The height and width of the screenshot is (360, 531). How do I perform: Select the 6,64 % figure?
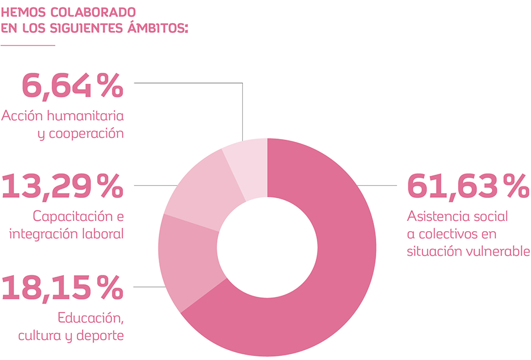[72, 85]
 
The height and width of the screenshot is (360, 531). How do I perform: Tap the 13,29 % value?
[62, 186]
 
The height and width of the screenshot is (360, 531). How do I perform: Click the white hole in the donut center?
[267, 248]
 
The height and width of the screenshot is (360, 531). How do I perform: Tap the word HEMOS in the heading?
[22, 12]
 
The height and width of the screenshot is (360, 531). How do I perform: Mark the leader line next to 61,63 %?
[381, 185]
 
